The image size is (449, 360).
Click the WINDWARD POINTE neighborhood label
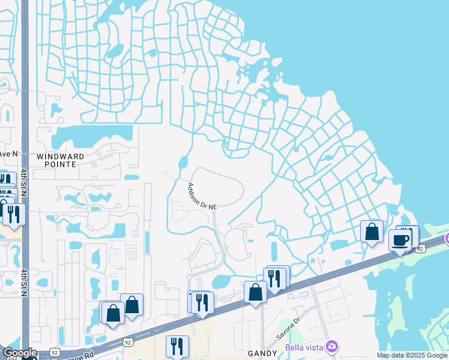point(65,160)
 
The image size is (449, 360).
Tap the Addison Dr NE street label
point(202,196)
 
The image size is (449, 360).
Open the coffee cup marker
point(400,241)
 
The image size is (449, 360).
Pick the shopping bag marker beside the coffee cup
point(372,232)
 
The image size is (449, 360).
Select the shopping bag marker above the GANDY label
point(256,292)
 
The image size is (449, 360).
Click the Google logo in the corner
point(19,353)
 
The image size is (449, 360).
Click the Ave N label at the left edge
point(9,154)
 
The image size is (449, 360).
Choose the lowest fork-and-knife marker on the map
point(177,346)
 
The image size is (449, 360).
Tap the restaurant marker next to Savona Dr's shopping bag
point(274,277)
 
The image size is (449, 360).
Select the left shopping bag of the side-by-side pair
point(112,313)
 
